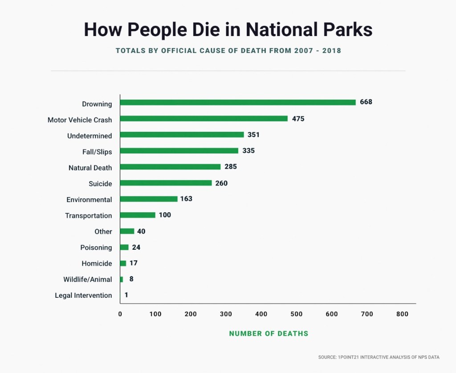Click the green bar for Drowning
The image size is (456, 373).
pyautogui.click(x=238, y=102)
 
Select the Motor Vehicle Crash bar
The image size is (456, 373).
pyautogui.click(x=204, y=118)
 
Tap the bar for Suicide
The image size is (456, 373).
pyautogui.click(x=166, y=183)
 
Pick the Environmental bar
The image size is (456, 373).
pyautogui.click(x=149, y=199)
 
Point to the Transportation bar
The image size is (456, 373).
pyautogui.click(x=138, y=215)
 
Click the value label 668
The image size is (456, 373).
pyautogui.click(x=366, y=102)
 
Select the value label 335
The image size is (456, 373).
pyautogui.click(x=248, y=150)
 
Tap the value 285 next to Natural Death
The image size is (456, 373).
pyautogui.click(x=231, y=167)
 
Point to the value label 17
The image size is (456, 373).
pyautogui.click(x=134, y=263)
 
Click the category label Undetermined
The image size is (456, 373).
pyautogui.click(x=90, y=136)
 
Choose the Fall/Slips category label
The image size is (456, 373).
pyautogui.click(x=97, y=152)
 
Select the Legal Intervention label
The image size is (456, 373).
pyautogui.click(x=83, y=295)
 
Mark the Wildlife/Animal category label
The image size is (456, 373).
pyautogui.click(x=88, y=280)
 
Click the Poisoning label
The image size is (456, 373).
pyautogui.click(x=96, y=247)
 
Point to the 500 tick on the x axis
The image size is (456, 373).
pyautogui.click(x=297, y=314)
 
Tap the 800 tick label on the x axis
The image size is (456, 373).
pyautogui.click(x=402, y=314)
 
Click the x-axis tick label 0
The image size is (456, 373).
pyautogui.click(x=120, y=314)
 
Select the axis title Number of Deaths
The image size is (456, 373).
pyautogui.click(x=269, y=333)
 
